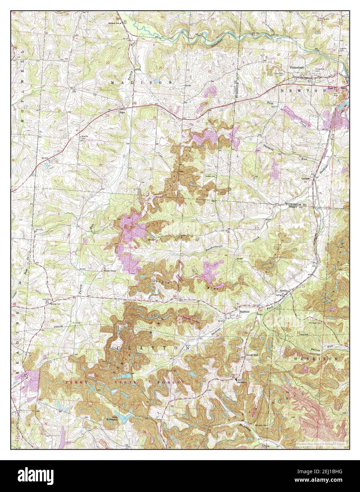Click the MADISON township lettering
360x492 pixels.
[141, 82]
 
